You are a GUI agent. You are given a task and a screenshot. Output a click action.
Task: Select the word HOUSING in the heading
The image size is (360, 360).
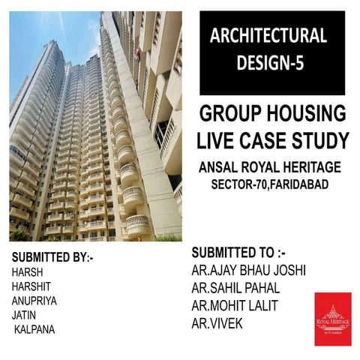[x=305, y=115]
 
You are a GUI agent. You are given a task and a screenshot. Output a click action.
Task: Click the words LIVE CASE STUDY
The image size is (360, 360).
[x=272, y=139]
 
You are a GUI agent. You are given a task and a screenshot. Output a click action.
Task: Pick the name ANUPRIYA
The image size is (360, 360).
[x=35, y=301]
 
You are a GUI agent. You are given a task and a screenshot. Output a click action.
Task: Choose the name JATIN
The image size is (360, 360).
[x=25, y=315]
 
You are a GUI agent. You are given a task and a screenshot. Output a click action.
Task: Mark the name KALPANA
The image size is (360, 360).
[x=34, y=329]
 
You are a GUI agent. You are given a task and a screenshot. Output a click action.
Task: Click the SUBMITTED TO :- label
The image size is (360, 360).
[x=238, y=252]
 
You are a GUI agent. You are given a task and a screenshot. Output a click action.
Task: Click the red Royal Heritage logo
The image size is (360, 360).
[x=333, y=318]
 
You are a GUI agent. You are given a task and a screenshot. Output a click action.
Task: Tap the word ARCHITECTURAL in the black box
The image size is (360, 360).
[x=268, y=35]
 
